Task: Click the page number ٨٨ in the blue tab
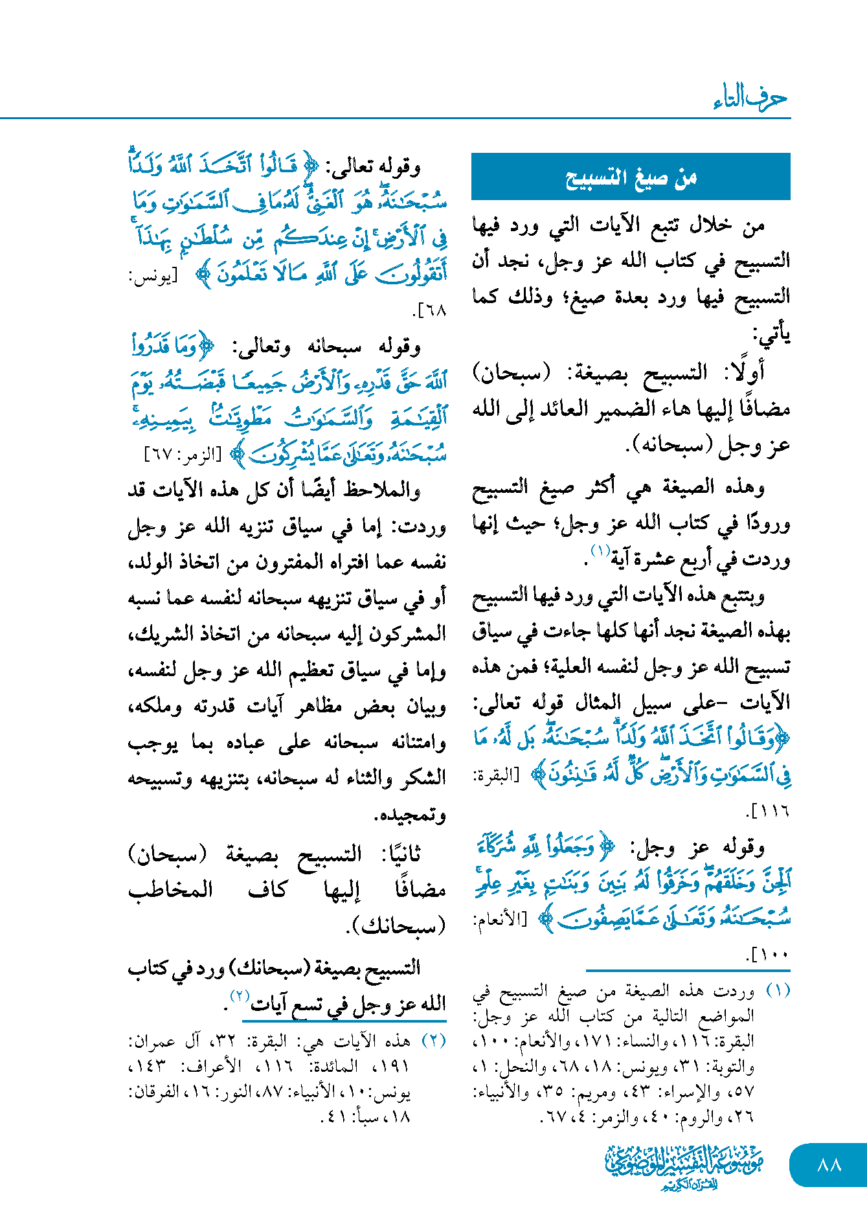pyautogui.click(x=829, y=1165)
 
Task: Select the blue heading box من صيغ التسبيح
pyautogui.click(x=631, y=177)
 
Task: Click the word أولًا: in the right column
pyautogui.click(x=745, y=372)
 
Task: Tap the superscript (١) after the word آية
pyautogui.click(x=600, y=552)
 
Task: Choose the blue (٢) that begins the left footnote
pyautogui.click(x=434, y=1041)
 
